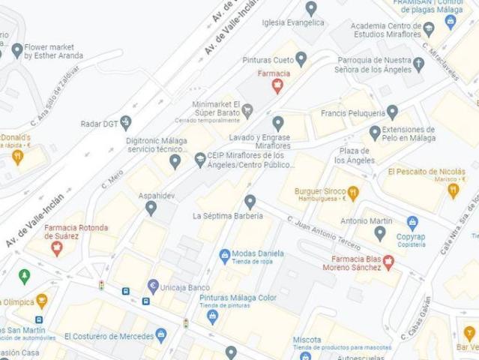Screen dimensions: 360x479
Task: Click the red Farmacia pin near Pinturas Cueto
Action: [x=277, y=86]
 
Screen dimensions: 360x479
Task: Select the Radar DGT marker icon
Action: [x=125, y=122]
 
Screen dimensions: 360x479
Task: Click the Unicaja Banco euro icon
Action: [x=153, y=286]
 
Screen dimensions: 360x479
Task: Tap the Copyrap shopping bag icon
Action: [x=412, y=223]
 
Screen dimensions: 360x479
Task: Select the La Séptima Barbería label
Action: [x=228, y=216]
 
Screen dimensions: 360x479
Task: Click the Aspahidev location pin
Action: [x=151, y=208]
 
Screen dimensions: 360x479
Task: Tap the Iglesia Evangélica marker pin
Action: [x=311, y=8]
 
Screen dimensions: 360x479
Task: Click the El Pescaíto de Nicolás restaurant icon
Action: [x=453, y=190]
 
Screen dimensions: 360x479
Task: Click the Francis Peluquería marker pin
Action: [x=392, y=112]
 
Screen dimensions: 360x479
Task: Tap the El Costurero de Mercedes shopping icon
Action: [x=161, y=334]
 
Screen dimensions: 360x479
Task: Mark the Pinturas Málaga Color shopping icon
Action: [x=212, y=316]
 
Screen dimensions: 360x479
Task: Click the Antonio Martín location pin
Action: [x=380, y=233]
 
